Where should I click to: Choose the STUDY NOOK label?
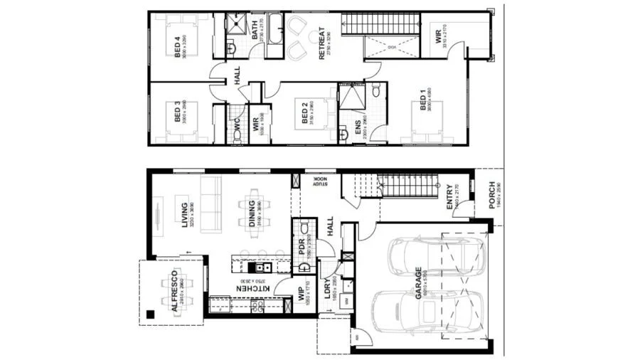(320, 182)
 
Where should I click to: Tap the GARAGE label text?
(419, 280)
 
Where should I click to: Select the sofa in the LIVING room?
(211, 204)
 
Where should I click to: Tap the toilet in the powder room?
(304, 228)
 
